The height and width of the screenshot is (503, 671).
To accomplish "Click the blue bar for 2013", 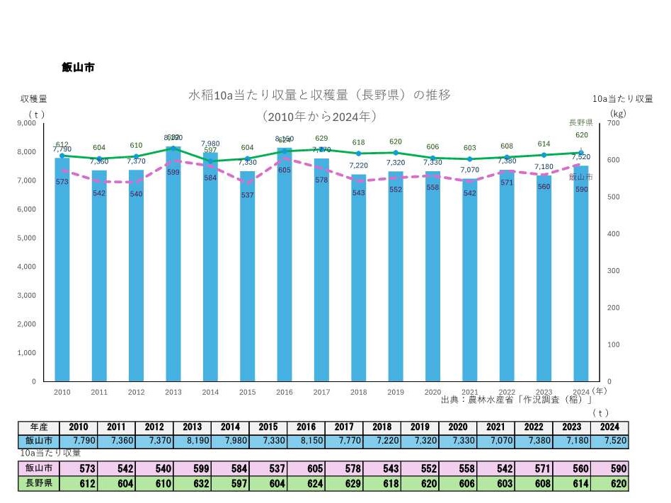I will (x=173, y=269).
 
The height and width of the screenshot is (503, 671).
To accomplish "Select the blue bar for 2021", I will (x=470, y=283).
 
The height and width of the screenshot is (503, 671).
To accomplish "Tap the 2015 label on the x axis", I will (x=247, y=391).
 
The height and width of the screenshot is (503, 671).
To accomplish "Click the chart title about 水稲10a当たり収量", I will (x=319, y=94).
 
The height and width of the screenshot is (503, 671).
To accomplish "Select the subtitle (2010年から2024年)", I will (x=319, y=115).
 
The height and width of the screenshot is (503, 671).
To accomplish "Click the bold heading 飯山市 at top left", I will (x=78, y=68).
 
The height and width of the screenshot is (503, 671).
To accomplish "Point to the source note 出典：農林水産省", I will (x=516, y=400).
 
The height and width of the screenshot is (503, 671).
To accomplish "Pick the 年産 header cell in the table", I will (x=39, y=427).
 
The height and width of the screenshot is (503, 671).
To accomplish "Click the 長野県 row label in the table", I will (x=39, y=483).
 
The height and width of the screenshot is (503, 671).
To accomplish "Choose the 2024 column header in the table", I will (x=609, y=427).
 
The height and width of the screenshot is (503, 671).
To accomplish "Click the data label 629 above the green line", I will (x=321, y=138).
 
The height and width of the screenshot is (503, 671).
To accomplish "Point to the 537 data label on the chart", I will (x=247, y=195).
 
